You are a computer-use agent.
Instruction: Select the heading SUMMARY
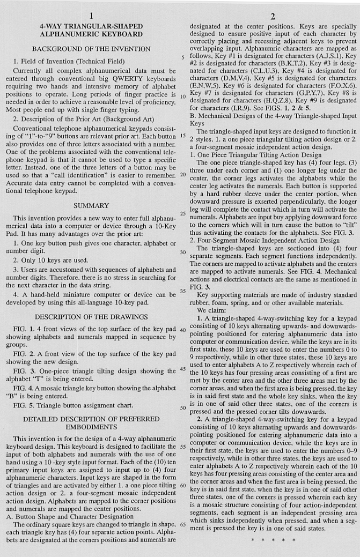pos(91,205)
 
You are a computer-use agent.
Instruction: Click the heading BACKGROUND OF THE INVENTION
pos(91,49)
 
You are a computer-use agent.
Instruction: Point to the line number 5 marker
pos(183,58)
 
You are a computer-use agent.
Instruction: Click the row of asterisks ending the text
pos(273,537)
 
